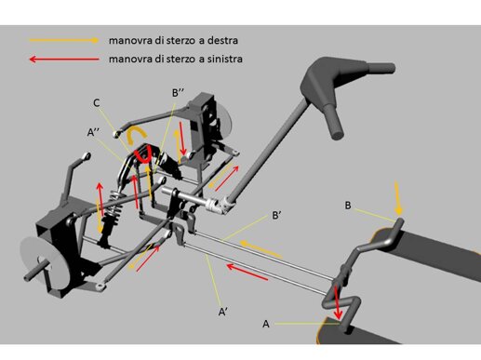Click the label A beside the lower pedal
pyautogui.click(x=266, y=324)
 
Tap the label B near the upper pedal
pyautogui.click(x=348, y=206)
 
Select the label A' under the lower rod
pyautogui.click(x=223, y=312)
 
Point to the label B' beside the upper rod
pyautogui.click(x=276, y=215)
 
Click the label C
pyautogui.click(x=97, y=103)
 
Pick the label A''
pyautogui.click(x=93, y=132)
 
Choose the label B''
pyautogui.click(x=179, y=92)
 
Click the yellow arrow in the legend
pyautogui.click(x=64, y=40)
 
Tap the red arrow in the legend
pyautogui.click(x=64, y=59)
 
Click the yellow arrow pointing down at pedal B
pyautogui.click(x=397, y=198)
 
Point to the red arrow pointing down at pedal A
pyautogui.click(x=337, y=302)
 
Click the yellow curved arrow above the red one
pyautogui.click(x=136, y=133)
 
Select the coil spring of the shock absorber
pyautogui.click(x=114, y=202)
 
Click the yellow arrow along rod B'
pyautogui.click(x=261, y=249)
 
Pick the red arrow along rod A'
pyautogui.click(x=247, y=272)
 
